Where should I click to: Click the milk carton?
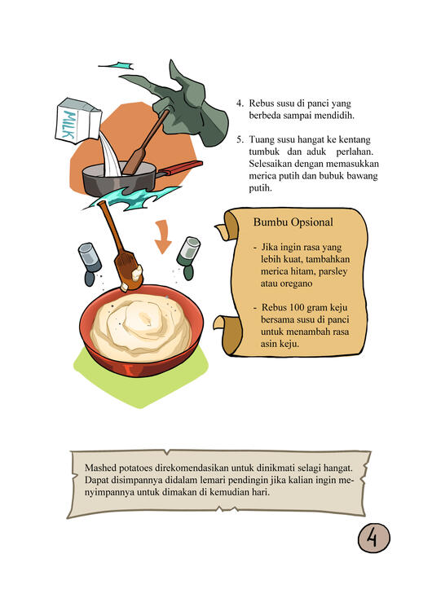pos(78,121)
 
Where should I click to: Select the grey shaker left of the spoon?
pos(90,263)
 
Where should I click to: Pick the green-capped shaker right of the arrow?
pos(189,257)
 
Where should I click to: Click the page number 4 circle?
pos(374,538)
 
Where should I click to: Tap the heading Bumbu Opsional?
pos(293,222)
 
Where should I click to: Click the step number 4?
pos(240,103)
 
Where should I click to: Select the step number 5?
pos(240,139)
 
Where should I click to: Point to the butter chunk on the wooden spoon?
pos(136,272)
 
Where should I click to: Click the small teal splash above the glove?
pos(117,65)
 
